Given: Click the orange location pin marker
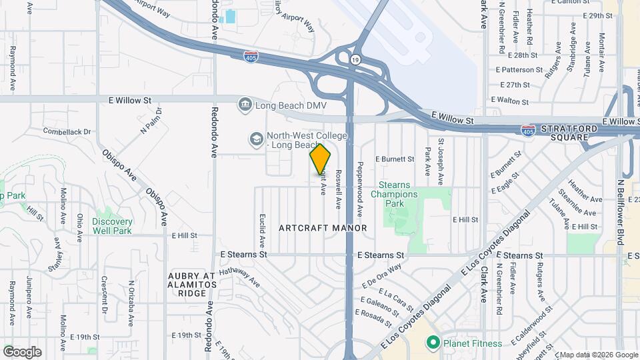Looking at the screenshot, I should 320,159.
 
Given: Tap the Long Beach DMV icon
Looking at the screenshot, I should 245,104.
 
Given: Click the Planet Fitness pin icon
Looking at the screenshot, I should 433,343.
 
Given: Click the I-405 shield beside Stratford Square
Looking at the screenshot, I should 528,131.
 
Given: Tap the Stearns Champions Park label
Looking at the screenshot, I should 398,194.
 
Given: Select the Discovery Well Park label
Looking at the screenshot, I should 112,226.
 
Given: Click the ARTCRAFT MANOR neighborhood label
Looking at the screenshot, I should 323,228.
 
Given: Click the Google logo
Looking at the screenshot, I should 21,352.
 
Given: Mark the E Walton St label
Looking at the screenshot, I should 509,101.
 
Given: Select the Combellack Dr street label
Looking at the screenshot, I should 66,131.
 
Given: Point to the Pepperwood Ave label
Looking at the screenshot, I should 359,189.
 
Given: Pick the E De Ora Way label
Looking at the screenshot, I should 382,276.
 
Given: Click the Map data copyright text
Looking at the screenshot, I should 597,355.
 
